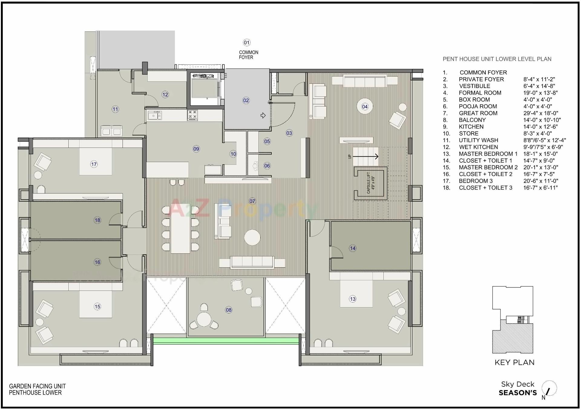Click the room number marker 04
point(365,106)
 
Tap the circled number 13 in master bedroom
point(353,299)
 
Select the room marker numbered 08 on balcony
point(229,310)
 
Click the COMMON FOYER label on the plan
point(248,55)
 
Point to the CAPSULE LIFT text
point(370,183)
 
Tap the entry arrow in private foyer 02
point(263,115)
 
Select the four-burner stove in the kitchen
point(192,115)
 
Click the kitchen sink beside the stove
point(155,116)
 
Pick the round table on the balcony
point(204,319)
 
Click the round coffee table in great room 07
point(252,237)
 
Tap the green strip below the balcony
point(225,341)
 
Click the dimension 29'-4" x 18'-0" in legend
point(540,113)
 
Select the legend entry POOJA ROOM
point(478,106)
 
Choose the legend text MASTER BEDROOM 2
point(488,167)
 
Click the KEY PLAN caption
point(514,362)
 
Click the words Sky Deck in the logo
point(517,384)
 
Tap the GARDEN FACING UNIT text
point(37,386)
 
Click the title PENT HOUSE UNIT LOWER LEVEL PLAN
point(497,59)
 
